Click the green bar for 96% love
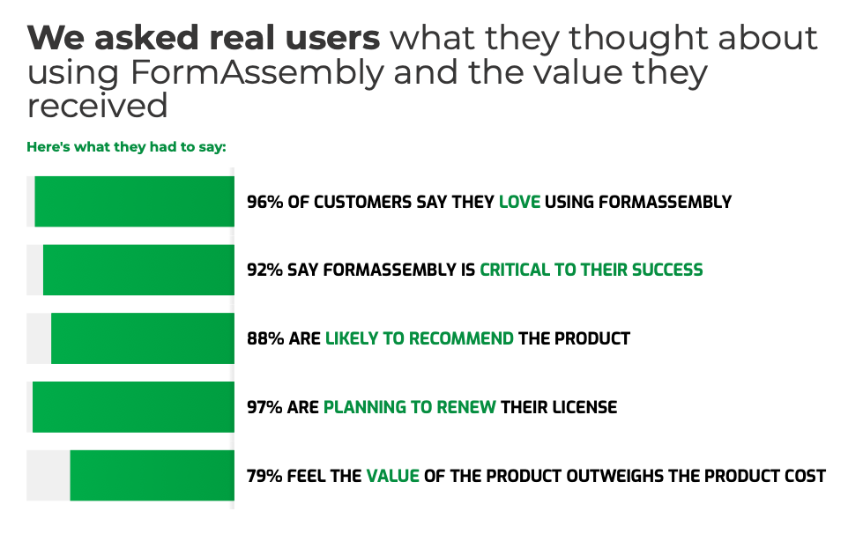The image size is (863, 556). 134,202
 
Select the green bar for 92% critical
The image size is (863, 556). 138,270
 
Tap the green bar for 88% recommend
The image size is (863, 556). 142,338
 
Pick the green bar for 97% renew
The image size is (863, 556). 133,407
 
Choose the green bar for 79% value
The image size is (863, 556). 152,476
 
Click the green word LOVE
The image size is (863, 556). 519,202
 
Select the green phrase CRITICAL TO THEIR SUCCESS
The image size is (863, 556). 591,270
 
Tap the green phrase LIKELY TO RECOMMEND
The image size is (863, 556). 420,338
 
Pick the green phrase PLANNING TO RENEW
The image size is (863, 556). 410,407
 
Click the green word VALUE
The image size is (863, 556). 392,476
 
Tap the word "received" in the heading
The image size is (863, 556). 97,107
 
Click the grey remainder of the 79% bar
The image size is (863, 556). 48,476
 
